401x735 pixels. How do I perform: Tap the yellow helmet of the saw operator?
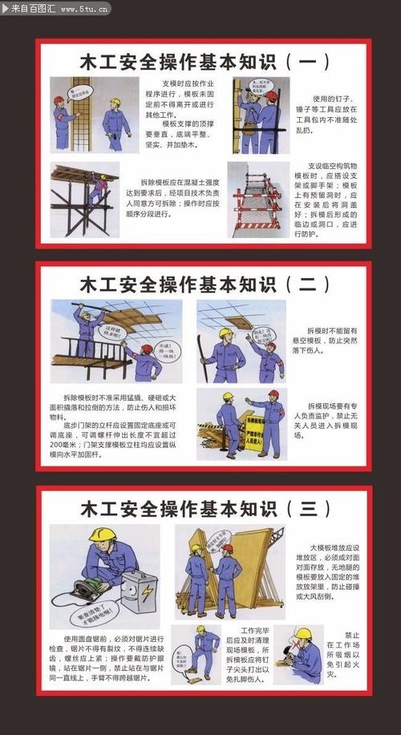coord(102,535)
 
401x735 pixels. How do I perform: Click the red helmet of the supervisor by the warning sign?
coord(273,394)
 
